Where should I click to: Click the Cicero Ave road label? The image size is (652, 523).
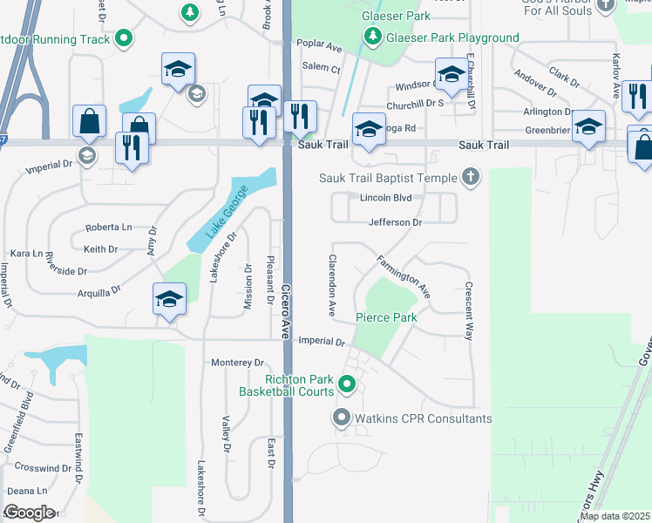(x=285, y=309)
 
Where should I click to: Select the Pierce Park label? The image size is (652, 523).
(x=385, y=317)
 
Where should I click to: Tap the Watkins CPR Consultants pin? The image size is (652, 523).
(x=342, y=418)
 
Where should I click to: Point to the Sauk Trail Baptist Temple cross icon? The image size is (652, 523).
(x=471, y=177)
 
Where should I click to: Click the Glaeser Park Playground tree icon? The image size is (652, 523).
(x=373, y=37)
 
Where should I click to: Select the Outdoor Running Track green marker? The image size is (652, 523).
(x=125, y=38)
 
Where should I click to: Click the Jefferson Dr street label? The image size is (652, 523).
(x=395, y=222)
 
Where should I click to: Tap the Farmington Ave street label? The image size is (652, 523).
(x=404, y=275)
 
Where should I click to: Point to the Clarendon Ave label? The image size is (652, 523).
(x=332, y=286)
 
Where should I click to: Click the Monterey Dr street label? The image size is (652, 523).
(x=237, y=362)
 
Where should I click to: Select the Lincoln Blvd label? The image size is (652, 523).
(x=385, y=198)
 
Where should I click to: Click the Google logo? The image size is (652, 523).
(x=29, y=513)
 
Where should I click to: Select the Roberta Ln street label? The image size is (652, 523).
(x=108, y=228)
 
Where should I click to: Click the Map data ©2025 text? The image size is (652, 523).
(x=614, y=516)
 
